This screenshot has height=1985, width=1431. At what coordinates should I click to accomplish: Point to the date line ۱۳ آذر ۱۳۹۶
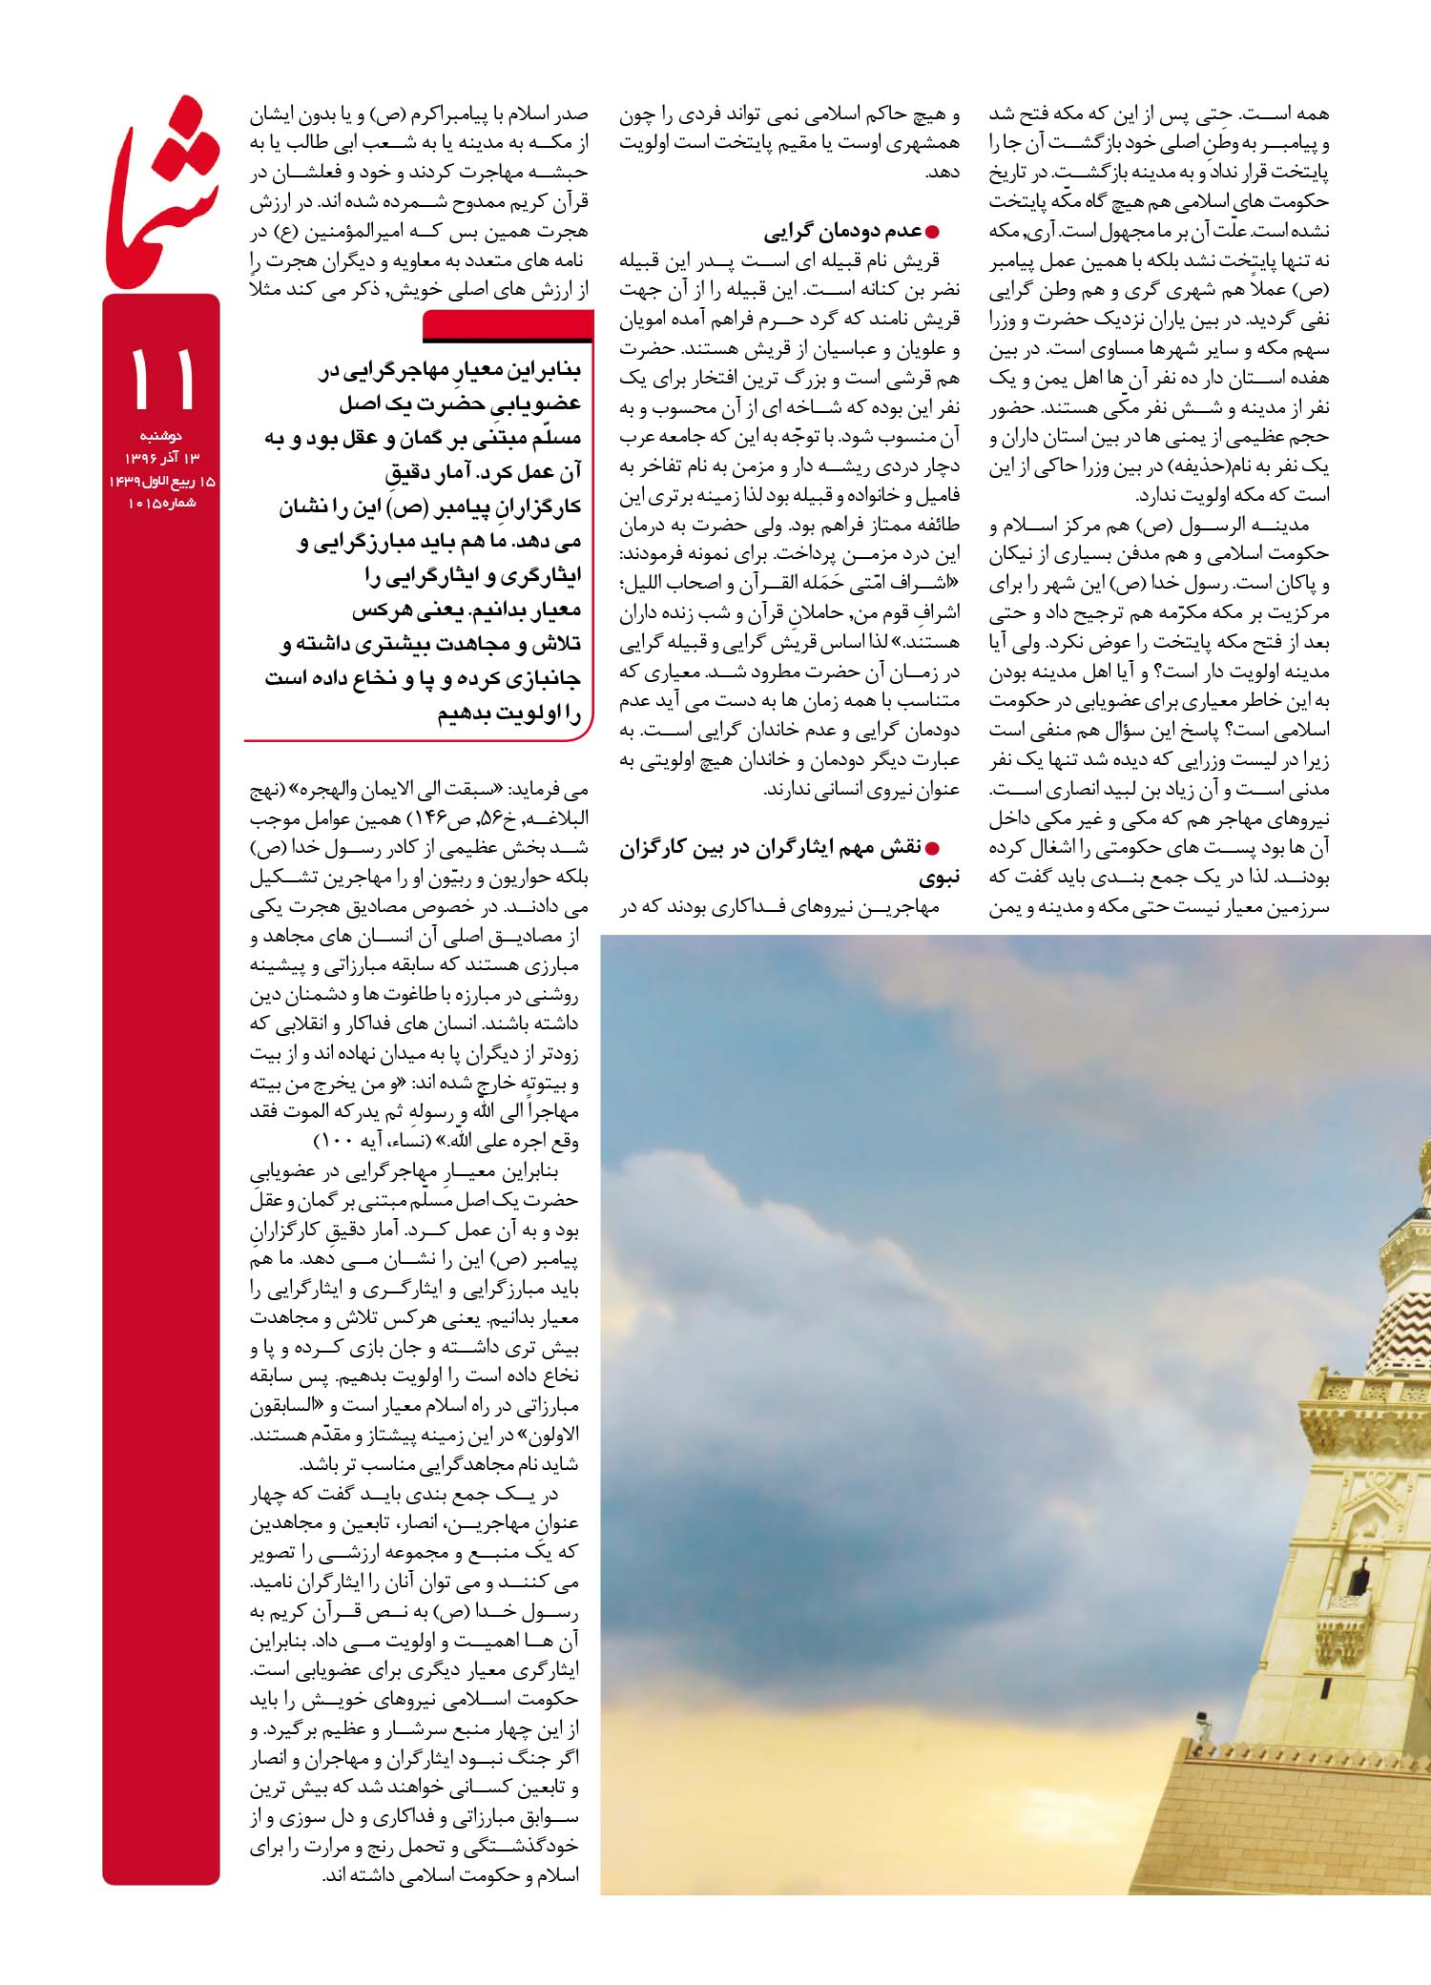(x=163, y=458)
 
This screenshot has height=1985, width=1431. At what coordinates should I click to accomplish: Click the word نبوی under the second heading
(x=941, y=877)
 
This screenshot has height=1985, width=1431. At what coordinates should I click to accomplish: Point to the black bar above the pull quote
(x=508, y=328)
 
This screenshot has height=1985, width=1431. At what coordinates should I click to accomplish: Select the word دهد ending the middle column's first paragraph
(x=943, y=173)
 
